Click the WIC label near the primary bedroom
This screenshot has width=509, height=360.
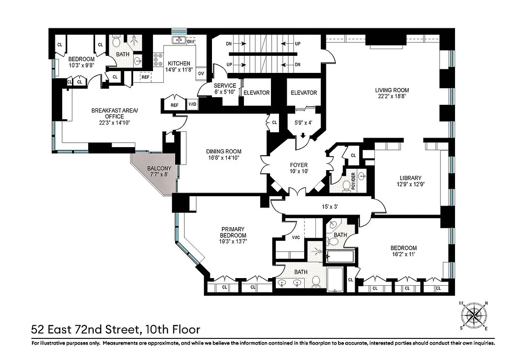(x=296, y=237)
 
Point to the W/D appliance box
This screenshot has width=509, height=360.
(x=192, y=104)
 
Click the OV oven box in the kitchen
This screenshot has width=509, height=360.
(x=201, y=73)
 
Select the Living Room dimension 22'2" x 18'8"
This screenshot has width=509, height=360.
(x=392, y=97)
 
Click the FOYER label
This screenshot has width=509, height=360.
(x=298, y=165)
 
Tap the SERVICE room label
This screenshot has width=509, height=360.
(x=225, y=85)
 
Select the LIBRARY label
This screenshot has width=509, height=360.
(x=410, y=178)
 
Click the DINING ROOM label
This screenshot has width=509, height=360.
(x=224, y=152)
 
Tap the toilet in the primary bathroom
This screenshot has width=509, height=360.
(x=316, y=282)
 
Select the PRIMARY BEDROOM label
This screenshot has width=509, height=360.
(x=233, y=232)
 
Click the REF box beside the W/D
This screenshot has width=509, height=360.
(x=174, y=105)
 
